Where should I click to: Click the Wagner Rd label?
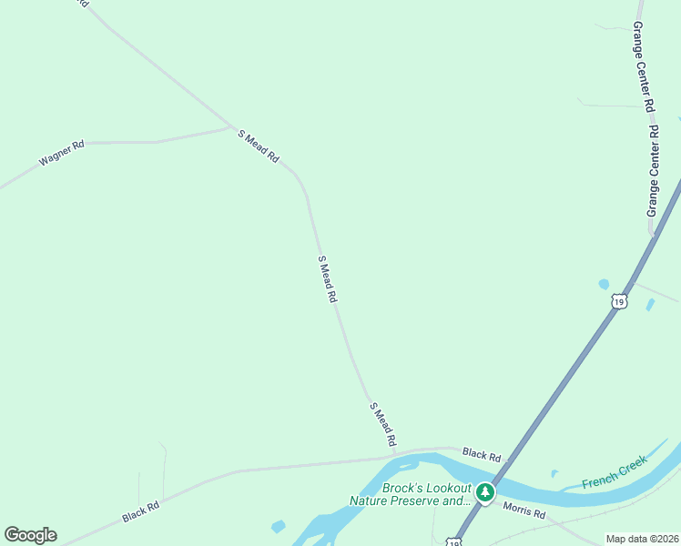click(x=61, y=152)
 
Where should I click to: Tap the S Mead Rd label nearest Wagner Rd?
click(x=259, y=146)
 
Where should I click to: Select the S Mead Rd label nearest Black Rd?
click(x=383, y=423)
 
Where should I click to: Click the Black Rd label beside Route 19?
click(x=482, y=453)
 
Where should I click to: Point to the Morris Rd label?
click(x=523, y=513)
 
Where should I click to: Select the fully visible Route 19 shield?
click(x=619, y=301)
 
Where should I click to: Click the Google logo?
click(x=30, y=535)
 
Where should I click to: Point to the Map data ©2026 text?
click(x=643, y=539)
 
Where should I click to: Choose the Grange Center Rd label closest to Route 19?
click(x=652, y=172)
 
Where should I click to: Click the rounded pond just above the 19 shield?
click(x=604, y=284)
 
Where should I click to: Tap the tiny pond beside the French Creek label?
click(x=554, y=473)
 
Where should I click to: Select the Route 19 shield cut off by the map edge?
click(x=452, y=542)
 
